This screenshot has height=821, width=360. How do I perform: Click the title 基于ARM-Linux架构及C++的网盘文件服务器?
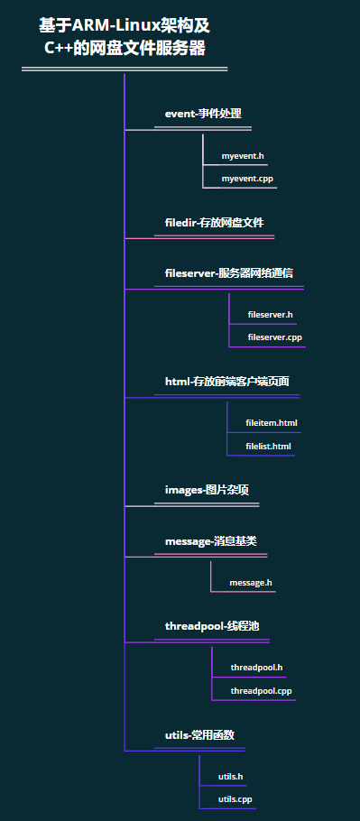pyautogui.click(x=125, y=37)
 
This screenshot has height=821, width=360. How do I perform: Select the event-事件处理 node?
pyautogui.click(x=202, y=114)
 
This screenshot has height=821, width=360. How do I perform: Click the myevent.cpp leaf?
pyautogui.click(x=247, y=179)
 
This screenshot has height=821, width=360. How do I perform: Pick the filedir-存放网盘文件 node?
pyautogui.click(x=214, y=222)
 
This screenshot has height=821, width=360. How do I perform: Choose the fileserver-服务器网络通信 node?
pyautogui.click(x=228, y=272)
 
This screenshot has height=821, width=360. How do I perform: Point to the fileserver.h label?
pyautogui.click(x=270, y=315)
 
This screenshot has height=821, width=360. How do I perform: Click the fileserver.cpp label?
pyautogui.click(x=274, y=337)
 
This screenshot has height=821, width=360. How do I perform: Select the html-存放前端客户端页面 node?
pyautogui.click(x=226, y=382)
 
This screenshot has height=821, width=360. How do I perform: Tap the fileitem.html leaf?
pyautogui.click(x=271, y=423)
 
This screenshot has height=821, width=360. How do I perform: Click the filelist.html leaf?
pyautogui.click(x=268, y=446)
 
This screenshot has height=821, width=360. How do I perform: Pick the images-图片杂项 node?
pyautogui.click(x=207, y=490)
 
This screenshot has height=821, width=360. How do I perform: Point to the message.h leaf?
pyautogui.click(x=250, y=583)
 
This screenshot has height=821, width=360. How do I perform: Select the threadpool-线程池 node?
pyautogui.click(x=211, y=626)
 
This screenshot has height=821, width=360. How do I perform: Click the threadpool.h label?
pyautogui.click(x=256, y=668)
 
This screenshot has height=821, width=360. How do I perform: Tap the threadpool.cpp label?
pyautogui.click(x=261, y=691)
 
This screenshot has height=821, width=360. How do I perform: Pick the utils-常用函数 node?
pyautogui.click(x=199, y=735)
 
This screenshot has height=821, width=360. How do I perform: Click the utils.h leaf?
pyautogui.click(x=230, y=777)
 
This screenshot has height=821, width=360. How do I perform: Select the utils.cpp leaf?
pyautogui.click(x=235, y=799)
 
